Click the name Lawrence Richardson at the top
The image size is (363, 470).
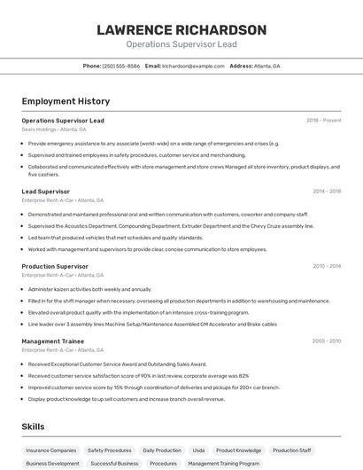[x=181, y=29]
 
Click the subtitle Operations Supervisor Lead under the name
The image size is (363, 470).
[x=181, y=43]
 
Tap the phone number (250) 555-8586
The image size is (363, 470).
[x=120, y=66]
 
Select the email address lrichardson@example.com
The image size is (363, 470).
[x=193, y=66]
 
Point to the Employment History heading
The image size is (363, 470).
[x=66, y=101]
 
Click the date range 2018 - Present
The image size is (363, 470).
[x=323, y=121]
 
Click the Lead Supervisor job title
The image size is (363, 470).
[x=45, y=192]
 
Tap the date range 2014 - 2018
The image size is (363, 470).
[x=327, y=192]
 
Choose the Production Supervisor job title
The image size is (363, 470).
[x=55, y=266]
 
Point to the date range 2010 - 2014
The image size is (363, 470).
[x=327, y=266]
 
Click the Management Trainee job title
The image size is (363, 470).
[x=53, y=341]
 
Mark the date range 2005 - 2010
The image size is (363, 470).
[x=327, y=341]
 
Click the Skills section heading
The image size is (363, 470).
[x=33, y=427]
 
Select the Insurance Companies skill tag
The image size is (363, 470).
[x=51, y=450]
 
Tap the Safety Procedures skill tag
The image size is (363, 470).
[x=110, y=450]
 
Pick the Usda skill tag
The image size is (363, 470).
[x=198, y=450]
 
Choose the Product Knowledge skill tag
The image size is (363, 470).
[x=238, y=450]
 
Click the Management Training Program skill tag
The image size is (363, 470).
[x=224, y=464]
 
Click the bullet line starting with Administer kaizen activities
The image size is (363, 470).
[x=89, y=289]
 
